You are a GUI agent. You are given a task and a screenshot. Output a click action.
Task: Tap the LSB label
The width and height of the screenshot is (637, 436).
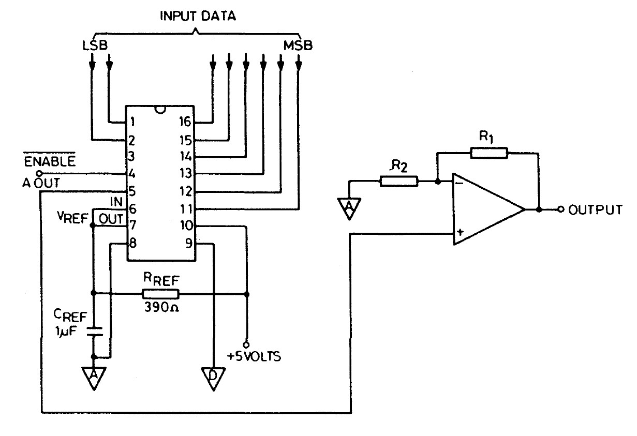coord(95,46)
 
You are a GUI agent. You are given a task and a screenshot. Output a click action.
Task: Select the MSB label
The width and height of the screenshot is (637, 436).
coord(298,46)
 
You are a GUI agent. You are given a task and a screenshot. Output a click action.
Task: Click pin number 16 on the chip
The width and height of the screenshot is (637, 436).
coord(185,122)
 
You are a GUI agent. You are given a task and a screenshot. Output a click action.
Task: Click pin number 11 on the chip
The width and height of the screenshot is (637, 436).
coord(185,209)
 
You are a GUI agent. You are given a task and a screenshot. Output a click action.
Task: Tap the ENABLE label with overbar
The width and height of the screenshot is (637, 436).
coord(56,161)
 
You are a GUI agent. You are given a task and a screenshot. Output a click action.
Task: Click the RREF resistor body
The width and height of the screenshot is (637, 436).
coord(160,294)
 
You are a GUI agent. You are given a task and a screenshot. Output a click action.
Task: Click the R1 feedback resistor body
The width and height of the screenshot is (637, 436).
coord(489,153)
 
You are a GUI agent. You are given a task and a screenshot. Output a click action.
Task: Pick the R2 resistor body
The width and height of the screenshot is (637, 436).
coord(399,181)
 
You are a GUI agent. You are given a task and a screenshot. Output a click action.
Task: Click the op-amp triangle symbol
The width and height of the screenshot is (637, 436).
coord(486,209)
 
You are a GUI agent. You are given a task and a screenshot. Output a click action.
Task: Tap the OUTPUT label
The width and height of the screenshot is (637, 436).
coord(595,210)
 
